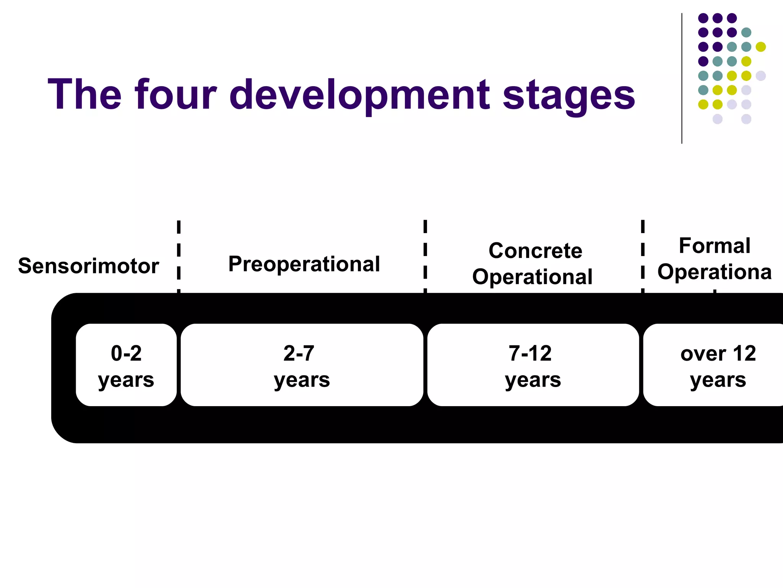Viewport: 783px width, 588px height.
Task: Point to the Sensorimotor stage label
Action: [x=88, y=266]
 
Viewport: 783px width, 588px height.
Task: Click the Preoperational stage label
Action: [x=304, y=264]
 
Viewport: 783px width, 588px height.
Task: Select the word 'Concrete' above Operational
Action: [x=535, y=251]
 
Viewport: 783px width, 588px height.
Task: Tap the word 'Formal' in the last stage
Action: [x=714, y=245]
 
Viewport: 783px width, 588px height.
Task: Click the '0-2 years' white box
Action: [x=126, y=365]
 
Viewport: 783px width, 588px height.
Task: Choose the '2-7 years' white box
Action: [x=302, y=365]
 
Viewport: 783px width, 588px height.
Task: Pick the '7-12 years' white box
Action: [x=533, y=365]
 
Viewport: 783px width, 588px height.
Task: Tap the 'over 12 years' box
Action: [x=713, y=365]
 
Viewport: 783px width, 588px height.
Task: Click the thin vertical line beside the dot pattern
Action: [x=682, y=78]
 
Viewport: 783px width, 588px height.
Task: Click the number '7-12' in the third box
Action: [x=530, y=353]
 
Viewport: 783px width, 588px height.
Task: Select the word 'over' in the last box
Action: [x=703, y=354]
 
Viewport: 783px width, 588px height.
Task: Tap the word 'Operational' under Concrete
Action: [x=532, y=277]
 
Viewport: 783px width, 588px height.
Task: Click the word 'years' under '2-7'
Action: [x=302, y=380]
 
